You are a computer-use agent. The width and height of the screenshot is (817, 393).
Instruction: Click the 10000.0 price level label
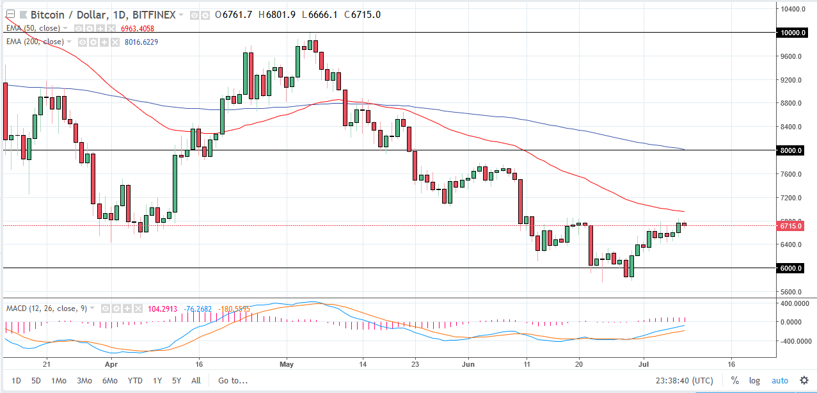[x=791, y=33]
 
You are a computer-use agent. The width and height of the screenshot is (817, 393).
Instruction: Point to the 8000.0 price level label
[x=791, y=150]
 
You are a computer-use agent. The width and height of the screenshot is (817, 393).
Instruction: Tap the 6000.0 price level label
[x=791, y=268]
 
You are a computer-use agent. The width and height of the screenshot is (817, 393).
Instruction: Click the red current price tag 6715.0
[x=791, y=226]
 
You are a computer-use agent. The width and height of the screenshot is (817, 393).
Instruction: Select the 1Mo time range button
[x=58, y=381]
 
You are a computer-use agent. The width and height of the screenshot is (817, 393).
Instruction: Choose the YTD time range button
[x=135, y=381]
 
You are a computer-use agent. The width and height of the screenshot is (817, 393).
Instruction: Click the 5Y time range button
[x=177, y=381]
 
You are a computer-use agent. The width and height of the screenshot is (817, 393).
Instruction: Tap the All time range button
[x=196, y=381]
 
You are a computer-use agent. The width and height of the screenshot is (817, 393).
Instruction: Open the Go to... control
[x=232, y=381]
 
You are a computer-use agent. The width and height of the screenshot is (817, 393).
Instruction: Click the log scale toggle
[x=754, y=381]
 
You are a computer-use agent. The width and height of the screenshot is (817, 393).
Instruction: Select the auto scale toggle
[x=780, y=381]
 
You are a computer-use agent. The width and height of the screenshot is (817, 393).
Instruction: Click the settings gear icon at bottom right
[x=804, y=381]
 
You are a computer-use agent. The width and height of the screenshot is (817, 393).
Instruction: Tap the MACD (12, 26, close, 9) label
[x=46, y=308]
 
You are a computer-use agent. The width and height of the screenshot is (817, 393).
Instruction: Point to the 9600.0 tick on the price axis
[x=791, y=56]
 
